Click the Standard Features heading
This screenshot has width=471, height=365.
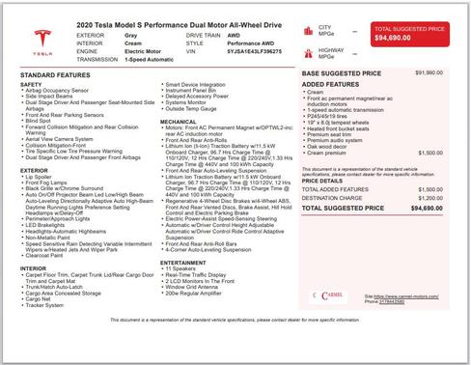[x=51, y=74]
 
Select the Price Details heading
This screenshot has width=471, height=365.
[x=321, y=180]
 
